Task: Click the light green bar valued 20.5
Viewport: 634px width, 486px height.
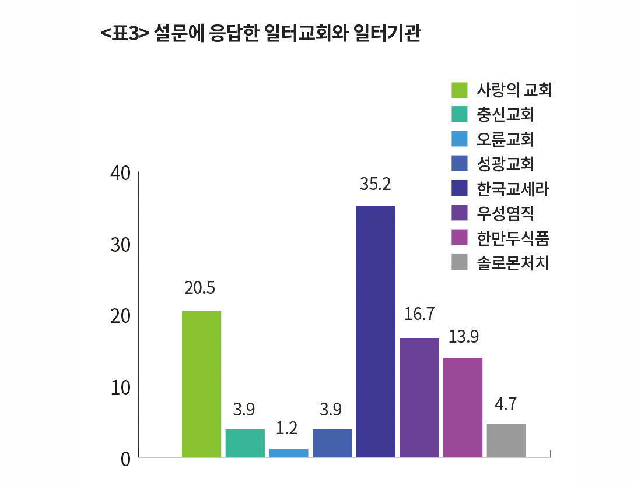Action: (201, 383)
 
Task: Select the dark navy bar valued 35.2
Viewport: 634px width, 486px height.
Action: (376, 331)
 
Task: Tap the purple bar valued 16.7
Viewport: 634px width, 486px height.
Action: (419, 397)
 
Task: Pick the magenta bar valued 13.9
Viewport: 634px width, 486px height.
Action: (463, 407)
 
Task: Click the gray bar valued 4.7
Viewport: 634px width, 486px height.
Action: (506, 440)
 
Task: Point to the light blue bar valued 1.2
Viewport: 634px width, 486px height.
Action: (289, 452)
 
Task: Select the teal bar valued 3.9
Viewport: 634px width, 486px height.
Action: (245, 443)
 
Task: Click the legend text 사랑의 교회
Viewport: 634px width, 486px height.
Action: (513, 90)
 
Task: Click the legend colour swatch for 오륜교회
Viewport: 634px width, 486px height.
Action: (460, 140)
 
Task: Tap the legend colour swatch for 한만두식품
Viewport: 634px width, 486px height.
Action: (460, 238)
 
